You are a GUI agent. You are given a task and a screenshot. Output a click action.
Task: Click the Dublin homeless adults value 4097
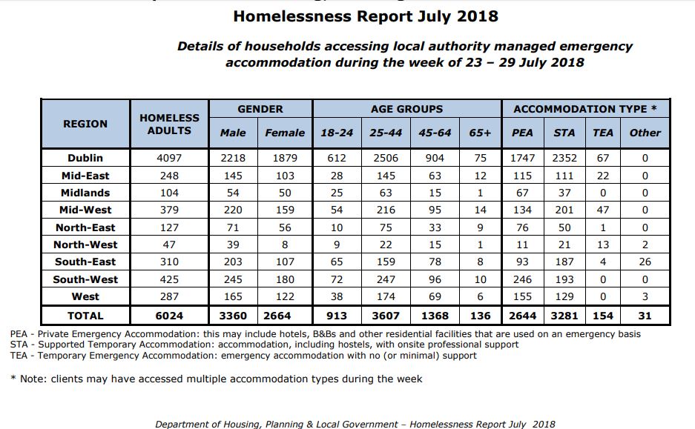tap(169, 158)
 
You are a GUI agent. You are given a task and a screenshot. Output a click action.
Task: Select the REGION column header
tap(85, 124)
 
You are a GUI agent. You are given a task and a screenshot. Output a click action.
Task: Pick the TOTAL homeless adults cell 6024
tap(169, 314)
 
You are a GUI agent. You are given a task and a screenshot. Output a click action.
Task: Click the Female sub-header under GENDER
tap(285, 133)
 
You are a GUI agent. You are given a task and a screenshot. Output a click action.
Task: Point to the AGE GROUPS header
tap(406, 109)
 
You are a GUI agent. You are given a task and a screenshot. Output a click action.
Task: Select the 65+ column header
tap(481, 133)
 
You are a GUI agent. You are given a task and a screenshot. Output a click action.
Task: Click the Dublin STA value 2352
tap(564, 158)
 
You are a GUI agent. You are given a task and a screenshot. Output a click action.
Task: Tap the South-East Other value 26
tap(645, 262)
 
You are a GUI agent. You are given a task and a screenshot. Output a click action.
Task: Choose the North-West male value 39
tap(233, 245)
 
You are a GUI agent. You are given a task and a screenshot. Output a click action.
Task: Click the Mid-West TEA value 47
tap(603, 210)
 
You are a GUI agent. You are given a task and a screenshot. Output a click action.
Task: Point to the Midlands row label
tap(85, 193)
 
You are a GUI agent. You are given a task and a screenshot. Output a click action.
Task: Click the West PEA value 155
tap(522, 296)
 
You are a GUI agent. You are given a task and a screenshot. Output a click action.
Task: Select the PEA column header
tap(522, 133)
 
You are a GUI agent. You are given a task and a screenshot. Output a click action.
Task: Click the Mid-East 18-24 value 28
tap(337, 176)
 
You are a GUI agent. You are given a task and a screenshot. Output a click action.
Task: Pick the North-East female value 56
tap(285, 227)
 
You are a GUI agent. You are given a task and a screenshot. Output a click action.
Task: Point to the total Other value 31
tap(645, 314)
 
